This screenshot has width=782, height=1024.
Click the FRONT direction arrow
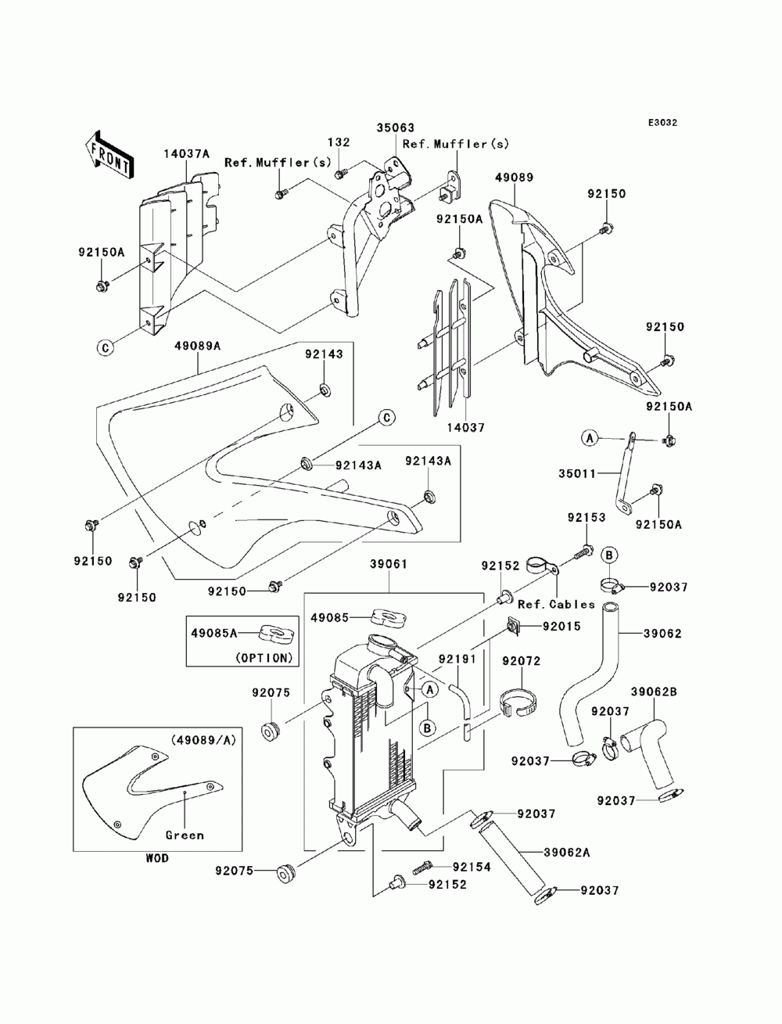click(109, 155)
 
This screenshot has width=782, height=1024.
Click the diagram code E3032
click(662, 123)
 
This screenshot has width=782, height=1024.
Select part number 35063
click(396, 128)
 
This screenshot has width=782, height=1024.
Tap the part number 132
click(339, 142)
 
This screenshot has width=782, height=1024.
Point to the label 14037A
click(187, 153)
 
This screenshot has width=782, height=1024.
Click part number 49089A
click(198, 346)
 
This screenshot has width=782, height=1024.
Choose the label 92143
click(324, 354)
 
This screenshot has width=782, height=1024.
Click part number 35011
click(577, 473)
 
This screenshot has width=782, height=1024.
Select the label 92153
click(586, 517)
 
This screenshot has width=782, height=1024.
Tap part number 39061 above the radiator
click(389, 564)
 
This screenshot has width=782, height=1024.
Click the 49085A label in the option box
click(214, 633)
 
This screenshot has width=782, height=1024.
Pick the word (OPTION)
click(264, 658)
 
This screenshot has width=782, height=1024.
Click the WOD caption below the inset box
click(157, 858)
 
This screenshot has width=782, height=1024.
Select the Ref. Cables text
click(556, 605)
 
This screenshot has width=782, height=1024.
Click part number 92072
click(522, 661)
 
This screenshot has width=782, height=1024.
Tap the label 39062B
click(654, 692)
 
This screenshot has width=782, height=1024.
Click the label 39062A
click(567, 853)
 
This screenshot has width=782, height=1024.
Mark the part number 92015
click(562, 626)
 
